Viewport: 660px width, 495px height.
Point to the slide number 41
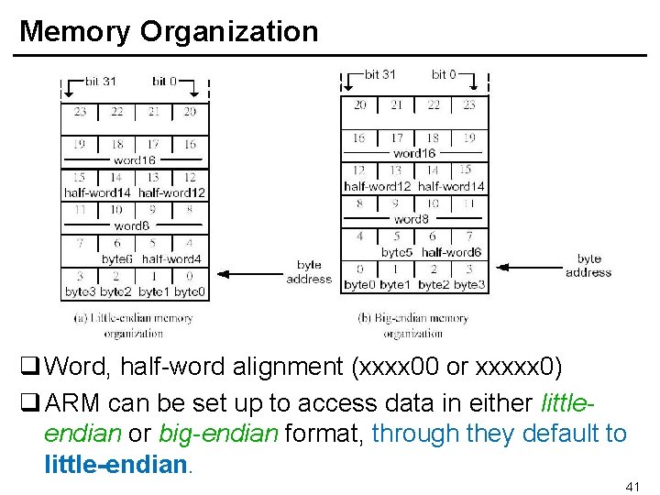point(632,486)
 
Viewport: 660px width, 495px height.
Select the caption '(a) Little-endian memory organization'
point(134,325)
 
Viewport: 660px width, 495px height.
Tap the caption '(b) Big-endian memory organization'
point(413,325)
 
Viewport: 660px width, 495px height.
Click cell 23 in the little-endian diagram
point(80,112)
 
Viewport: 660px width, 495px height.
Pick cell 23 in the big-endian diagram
point(469,104)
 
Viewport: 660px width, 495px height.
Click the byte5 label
point(396,252)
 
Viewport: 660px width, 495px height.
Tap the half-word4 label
point(171,259)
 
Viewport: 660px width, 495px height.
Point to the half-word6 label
point(451,252)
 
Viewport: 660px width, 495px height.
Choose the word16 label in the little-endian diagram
point(135,159)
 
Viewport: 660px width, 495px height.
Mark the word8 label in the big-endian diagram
point(412,219)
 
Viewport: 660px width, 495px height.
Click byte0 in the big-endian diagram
point(359,285)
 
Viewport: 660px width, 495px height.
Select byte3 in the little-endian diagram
point(80,292)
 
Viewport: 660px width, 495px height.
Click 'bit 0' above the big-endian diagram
point(444,74)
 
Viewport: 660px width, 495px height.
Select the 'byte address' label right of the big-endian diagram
point(588,266)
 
